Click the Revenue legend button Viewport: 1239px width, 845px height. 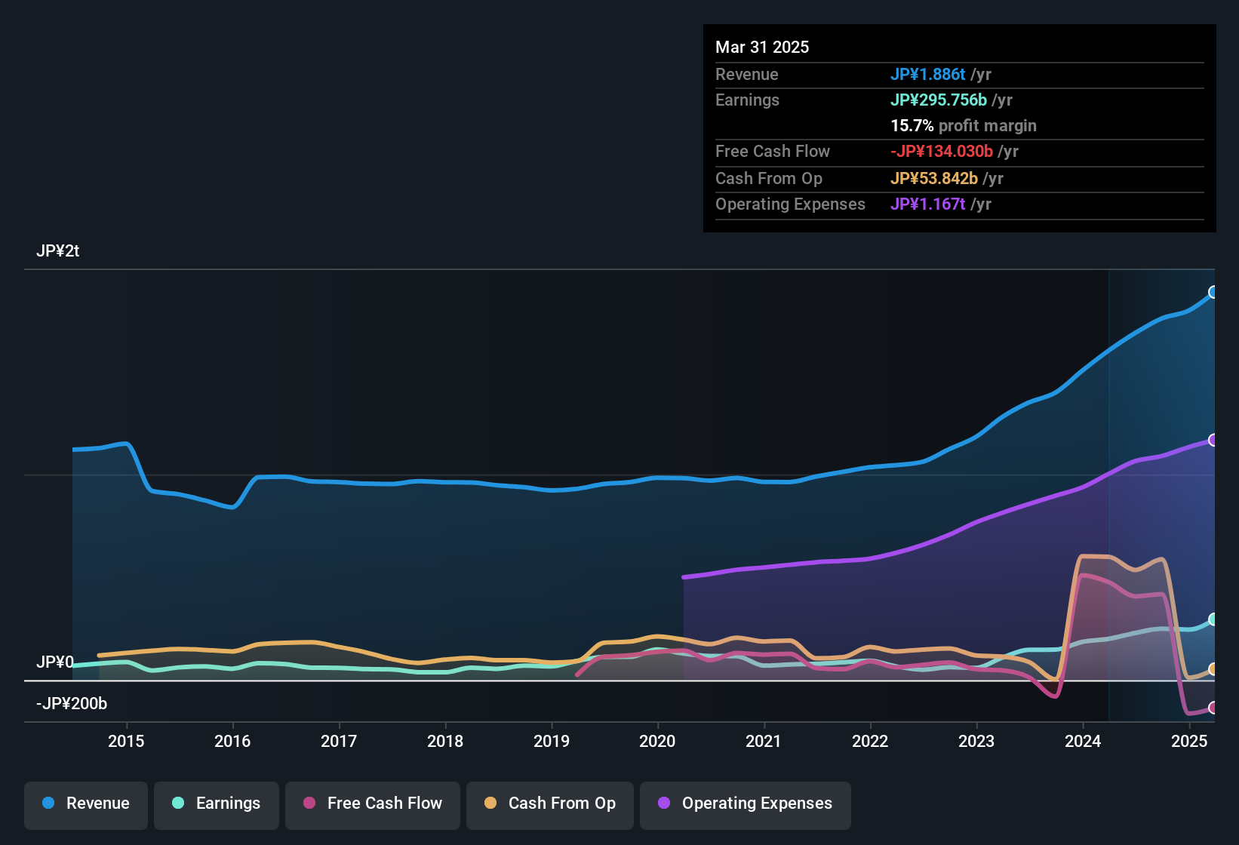point(86,804)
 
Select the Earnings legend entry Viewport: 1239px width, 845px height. point(217,804)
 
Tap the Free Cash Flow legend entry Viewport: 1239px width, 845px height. point(373,804)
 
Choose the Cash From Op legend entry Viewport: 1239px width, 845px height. point(550,804)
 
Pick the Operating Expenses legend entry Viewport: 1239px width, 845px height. point(746,804)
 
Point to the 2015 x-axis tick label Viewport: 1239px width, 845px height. point(126,741)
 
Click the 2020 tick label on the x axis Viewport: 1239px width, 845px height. point(657,741)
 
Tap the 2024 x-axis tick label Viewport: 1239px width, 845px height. point(1083,741)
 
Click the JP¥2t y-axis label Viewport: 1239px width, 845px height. point(57,251)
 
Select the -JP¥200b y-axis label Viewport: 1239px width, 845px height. point(72,704)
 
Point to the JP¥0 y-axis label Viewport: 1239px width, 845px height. point(54,662)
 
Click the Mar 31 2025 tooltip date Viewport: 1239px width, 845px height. point(762,48)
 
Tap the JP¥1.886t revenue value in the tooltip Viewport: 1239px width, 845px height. point(927,75)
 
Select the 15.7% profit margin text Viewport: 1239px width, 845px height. point(963,126)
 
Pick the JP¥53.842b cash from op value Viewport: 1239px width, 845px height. point(934,179)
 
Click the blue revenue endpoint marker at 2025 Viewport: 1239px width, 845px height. point(1213,292)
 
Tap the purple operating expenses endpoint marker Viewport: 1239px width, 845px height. point(1213,440)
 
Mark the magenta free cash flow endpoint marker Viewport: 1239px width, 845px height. point(1213,708)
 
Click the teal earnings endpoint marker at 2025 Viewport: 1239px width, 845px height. point(1213,619)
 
